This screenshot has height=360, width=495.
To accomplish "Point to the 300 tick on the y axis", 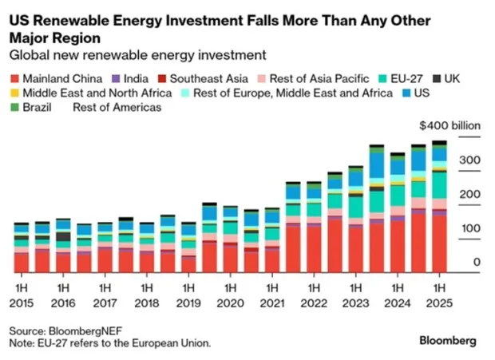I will (469, 160).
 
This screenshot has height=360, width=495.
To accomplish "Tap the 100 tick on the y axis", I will (469, 229).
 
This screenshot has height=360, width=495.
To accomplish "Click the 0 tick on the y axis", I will (477, 263).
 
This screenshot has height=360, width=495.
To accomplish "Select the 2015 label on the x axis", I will (22, 302).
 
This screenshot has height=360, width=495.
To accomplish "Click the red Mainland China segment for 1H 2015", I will (22, 263).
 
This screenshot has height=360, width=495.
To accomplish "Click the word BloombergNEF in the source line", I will (80, 330).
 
